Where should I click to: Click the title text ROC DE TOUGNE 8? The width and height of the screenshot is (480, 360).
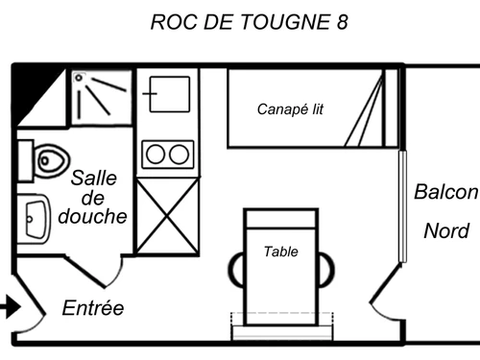click(x=249, y=22)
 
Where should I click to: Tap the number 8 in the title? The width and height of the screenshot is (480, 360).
click(x=343, y=22)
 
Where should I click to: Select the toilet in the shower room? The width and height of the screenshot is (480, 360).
click(x=47, y=159)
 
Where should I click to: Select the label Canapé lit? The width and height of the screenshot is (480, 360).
click(x=290, y=109)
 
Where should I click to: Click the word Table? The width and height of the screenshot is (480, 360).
click(x=280, y=252)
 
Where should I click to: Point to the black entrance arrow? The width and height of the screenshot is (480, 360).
click(x=9, y=308)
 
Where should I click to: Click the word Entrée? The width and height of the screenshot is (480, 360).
click(x=93, y=308)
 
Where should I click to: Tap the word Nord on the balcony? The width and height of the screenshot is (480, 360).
click(x=446, y=231)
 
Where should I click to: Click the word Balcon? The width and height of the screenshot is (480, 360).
click(x=445, y=192)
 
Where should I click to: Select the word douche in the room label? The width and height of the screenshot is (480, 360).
click(x=92, y=216)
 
